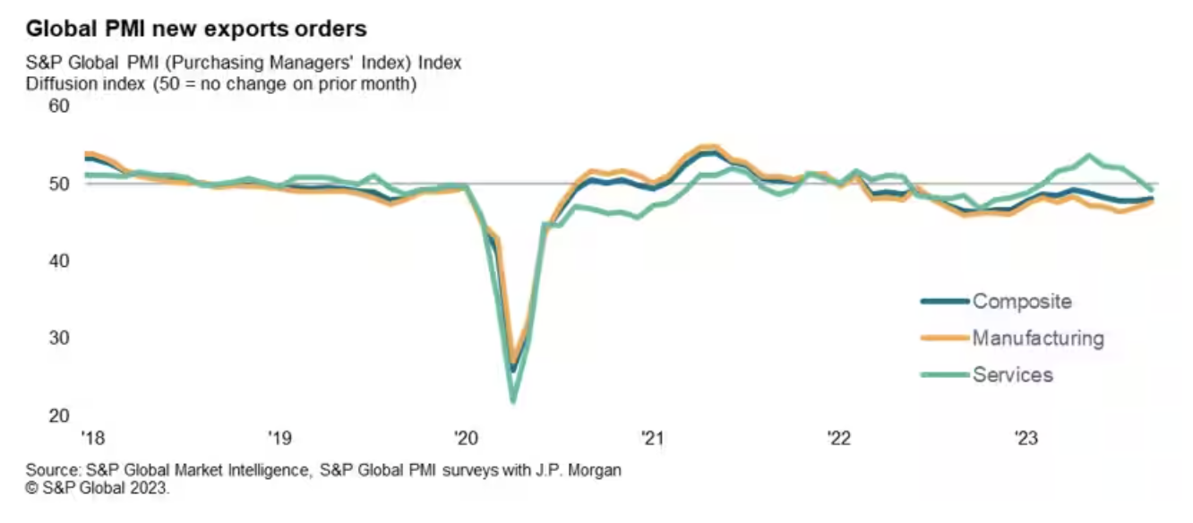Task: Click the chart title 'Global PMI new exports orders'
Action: [196, 29]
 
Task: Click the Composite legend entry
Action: [1021, 301]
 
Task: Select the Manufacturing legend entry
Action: [1038, 339]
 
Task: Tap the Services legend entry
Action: [1012, 374]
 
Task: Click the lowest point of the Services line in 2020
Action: [513, 401]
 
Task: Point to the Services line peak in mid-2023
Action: [1089, 155]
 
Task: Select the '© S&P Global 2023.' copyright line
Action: [98, 489]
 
